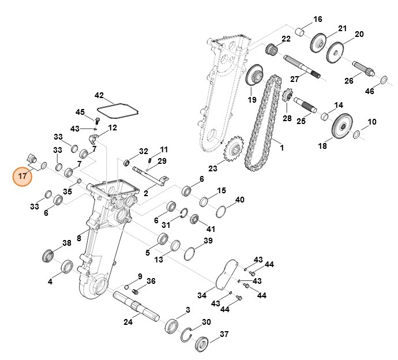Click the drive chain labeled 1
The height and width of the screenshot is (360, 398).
[260, 130]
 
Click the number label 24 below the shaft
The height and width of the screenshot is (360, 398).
[128, 322]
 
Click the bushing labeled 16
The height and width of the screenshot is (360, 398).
[299, 30]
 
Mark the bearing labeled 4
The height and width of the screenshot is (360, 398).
[66, 267]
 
